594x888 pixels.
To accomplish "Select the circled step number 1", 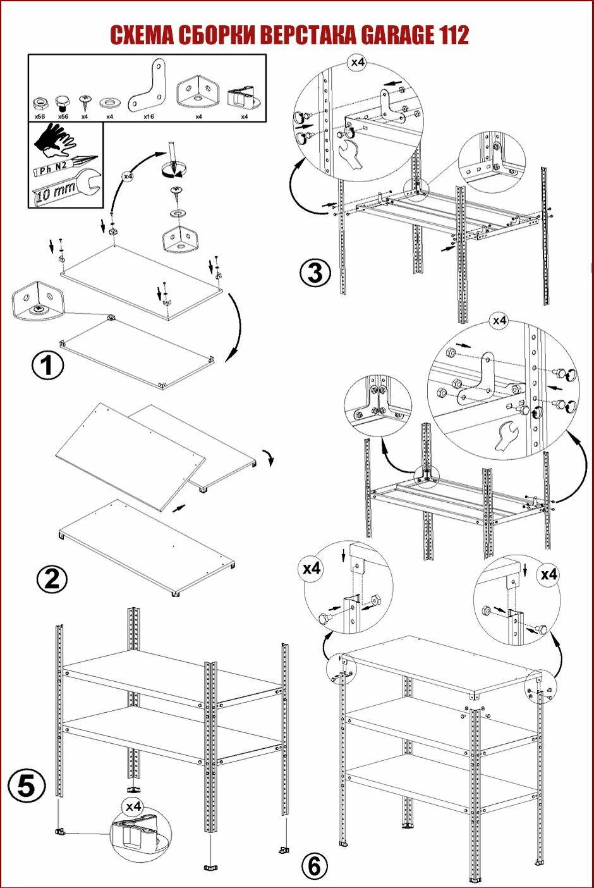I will [x=47, y=365].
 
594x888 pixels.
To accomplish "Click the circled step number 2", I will [x=52, y=579].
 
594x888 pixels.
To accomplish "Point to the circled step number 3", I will [x=315, y=273].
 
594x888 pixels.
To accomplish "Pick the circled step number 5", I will [x=27, y=786].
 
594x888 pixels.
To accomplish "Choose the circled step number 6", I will [x=315, y=866].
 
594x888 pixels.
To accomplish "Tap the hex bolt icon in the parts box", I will [x=62, y=102].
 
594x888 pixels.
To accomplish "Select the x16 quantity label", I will [x=149, y=117].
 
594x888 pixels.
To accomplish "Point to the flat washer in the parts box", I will [x=109, y=101].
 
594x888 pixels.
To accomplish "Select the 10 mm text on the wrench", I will [x=52, y=192].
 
